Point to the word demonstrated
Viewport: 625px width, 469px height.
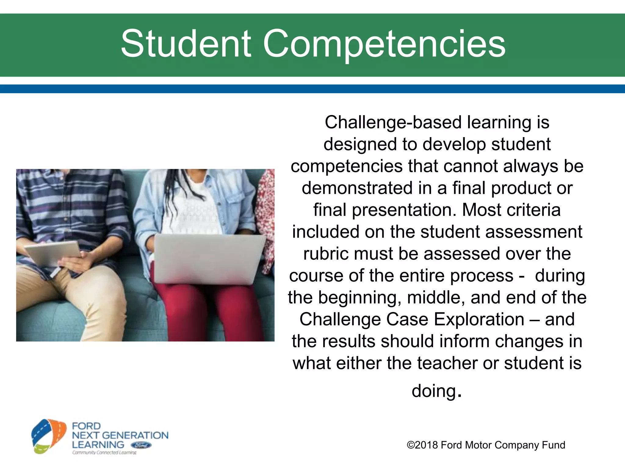coord(357,188)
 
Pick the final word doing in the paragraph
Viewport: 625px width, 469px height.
coord(433,391)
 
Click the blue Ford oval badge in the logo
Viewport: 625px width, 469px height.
coord(141,445)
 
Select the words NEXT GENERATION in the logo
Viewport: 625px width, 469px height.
coord(120,435)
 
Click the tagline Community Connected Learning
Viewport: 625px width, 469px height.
coord(104,453)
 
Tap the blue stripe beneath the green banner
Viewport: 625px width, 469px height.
coord(312,89)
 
